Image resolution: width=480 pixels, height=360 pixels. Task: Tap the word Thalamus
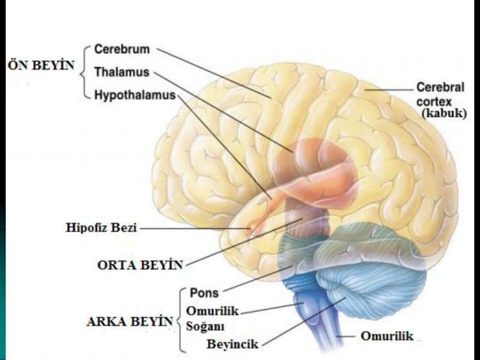[121, 72]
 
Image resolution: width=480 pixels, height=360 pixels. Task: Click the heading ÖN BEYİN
[41, 65]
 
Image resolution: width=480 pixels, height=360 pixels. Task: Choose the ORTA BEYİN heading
[140, 265]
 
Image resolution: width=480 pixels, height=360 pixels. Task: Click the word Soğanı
[205, 325]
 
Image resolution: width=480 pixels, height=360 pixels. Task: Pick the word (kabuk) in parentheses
[443, 114]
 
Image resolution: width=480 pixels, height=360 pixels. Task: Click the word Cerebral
[440, 88]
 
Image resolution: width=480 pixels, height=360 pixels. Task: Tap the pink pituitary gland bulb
[253, 227]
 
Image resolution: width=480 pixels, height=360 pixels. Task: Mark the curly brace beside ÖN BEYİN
[85, 72]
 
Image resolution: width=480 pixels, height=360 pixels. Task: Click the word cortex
[432, 101]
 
